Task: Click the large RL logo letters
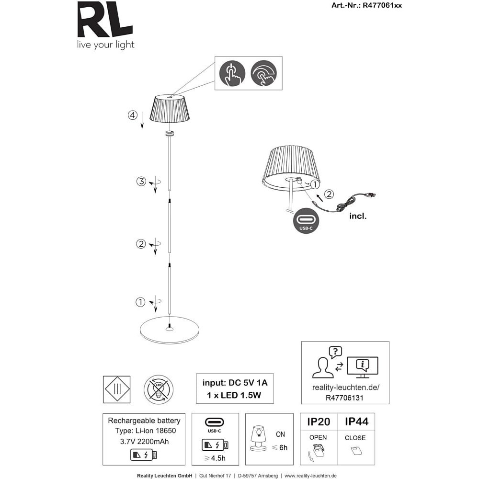105,19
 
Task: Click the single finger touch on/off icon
232,73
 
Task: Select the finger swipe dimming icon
263,73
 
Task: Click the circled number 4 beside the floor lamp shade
133,115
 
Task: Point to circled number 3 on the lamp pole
141,181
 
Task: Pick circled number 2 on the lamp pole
141,244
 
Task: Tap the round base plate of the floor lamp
170,330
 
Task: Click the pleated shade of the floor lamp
170,109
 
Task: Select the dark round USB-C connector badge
306,220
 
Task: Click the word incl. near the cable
358,216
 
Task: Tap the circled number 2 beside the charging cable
329,194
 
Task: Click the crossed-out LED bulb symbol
159,389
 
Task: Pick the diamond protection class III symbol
117,389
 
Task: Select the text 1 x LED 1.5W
234,395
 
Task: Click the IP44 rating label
356,422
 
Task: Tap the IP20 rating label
319,422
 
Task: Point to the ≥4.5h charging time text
215,458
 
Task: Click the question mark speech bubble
335,353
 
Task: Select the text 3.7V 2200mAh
144,442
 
